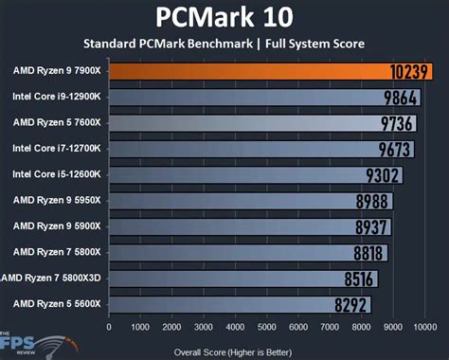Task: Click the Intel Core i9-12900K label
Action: [x=57, y=97]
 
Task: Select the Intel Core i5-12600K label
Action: [x=57, y=174]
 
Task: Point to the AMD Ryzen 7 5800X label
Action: [x=57, y=252]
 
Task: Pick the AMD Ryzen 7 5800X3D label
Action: [x=55, y=278]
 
